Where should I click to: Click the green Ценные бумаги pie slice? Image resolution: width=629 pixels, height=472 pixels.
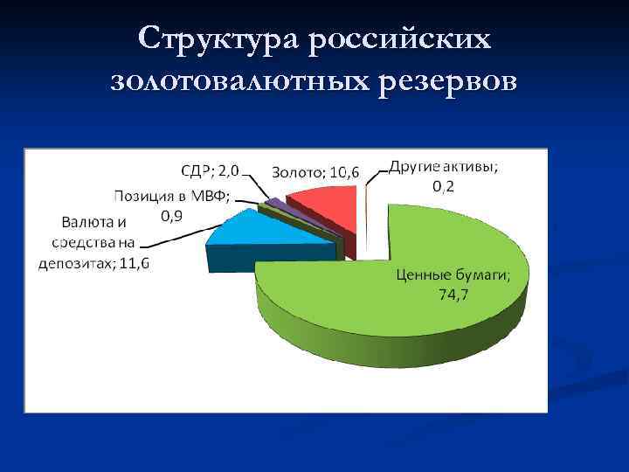[393, 297]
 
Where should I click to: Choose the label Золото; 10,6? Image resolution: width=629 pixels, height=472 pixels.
[314, 172]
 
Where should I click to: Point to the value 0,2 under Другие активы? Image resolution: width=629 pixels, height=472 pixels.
[444, 188]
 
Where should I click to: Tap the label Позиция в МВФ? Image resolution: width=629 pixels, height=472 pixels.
[173, 195]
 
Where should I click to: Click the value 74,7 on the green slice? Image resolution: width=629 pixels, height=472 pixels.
[453, 295]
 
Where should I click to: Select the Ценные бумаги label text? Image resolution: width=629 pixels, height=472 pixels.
[453, 275]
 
